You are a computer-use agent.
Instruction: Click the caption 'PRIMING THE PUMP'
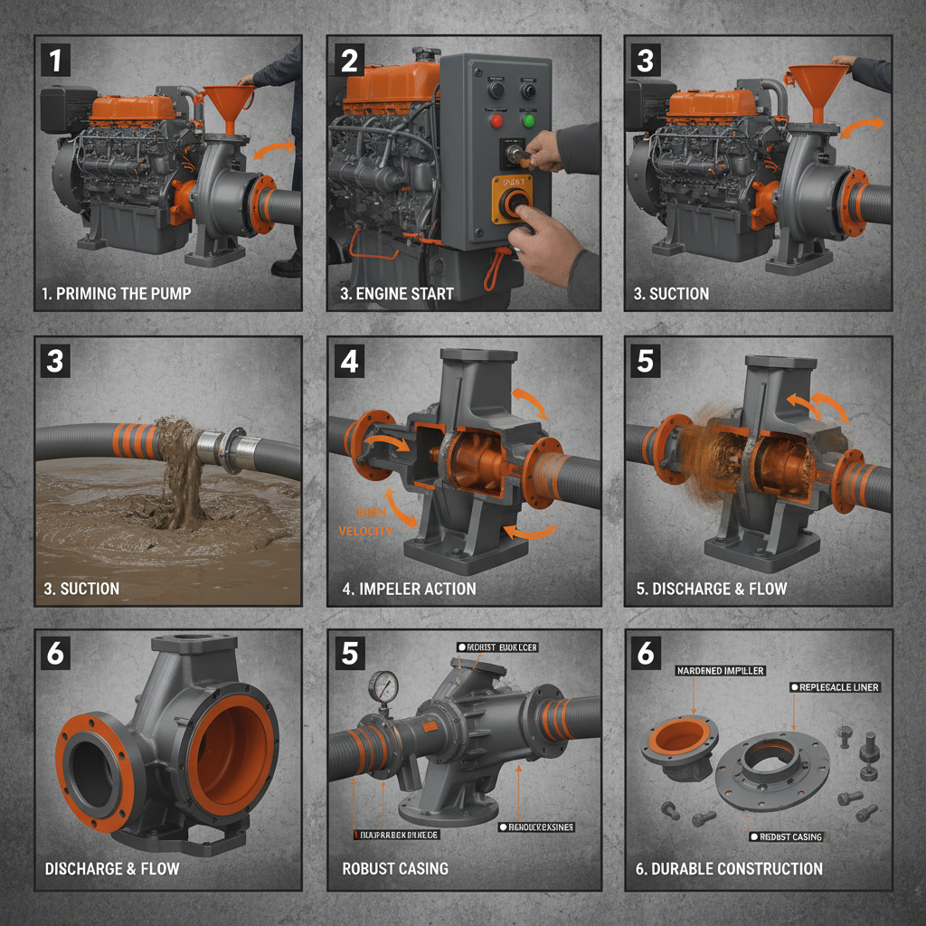pos(117,294)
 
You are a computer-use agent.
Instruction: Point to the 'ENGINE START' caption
pos(398,294)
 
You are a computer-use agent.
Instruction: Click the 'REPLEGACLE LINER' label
pos(838,687)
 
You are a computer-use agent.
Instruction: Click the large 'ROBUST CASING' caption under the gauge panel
pos(395,868)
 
